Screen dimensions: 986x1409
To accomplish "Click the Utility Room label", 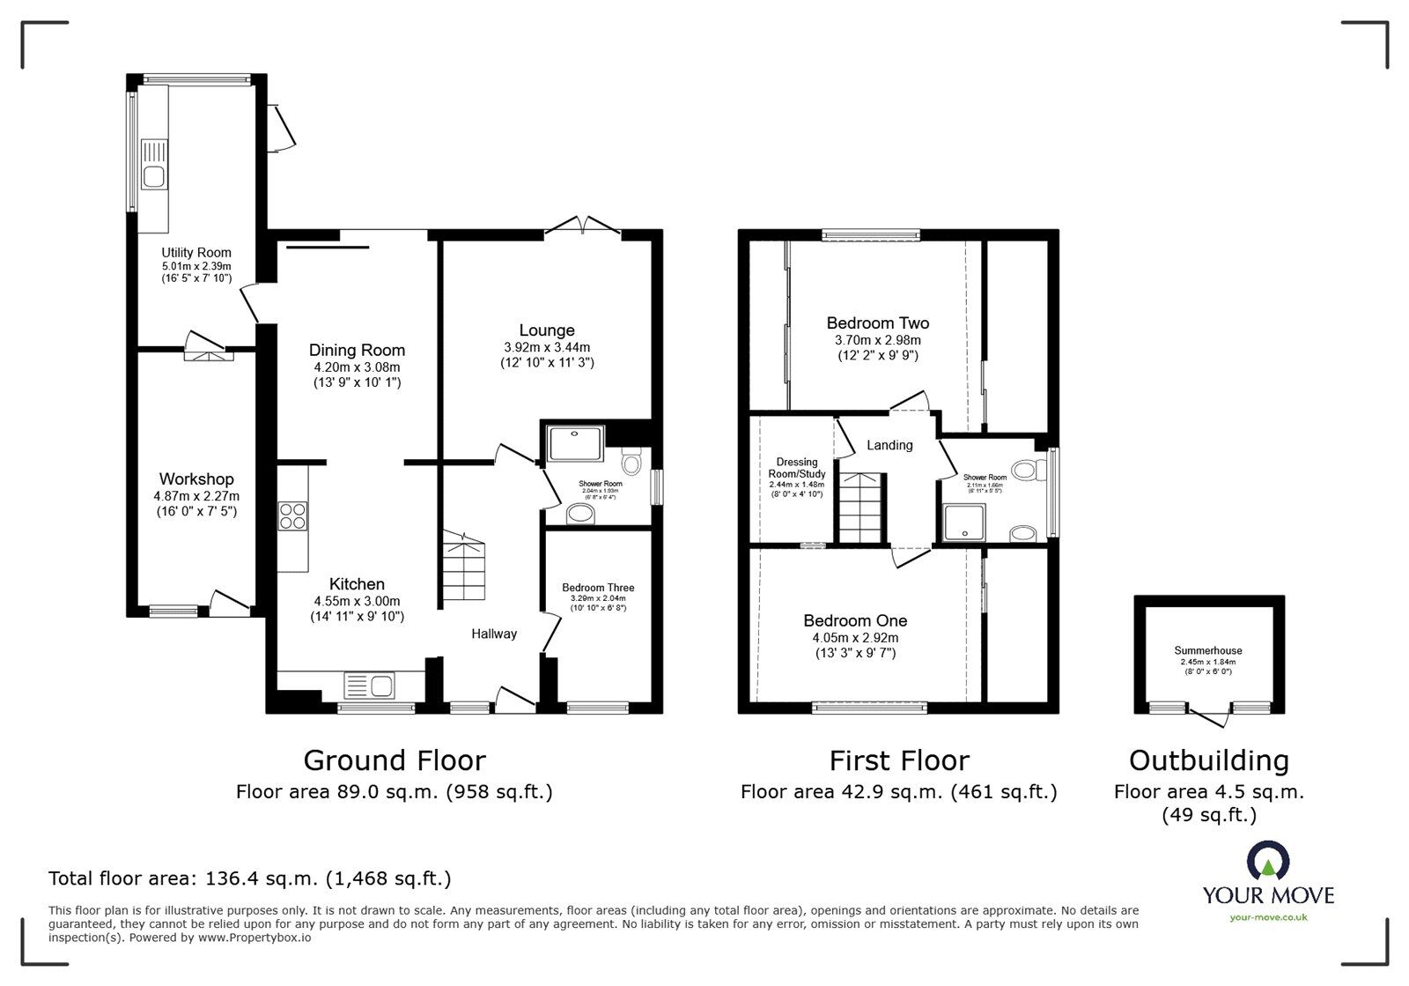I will click(195, 253).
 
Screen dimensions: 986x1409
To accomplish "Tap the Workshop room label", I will click(196, 479).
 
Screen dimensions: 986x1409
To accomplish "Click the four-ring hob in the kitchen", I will click(292, 515).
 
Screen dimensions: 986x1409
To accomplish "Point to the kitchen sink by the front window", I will click(370, 685).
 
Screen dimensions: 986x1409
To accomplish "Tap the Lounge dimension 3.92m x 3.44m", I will click(546, 347).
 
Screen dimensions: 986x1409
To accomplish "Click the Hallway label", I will click(493, 634).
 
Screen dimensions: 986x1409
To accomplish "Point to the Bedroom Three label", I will click(598, 588).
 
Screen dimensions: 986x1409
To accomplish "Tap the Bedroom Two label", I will click(877, 323).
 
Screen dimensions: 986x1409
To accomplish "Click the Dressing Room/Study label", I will click(797, 468).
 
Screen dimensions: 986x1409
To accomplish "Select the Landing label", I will click(889, 445).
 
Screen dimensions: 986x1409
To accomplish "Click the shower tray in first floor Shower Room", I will click(967, 523).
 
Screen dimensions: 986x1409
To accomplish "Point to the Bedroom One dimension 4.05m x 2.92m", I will click(854, 638).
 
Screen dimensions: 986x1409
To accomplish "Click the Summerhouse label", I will click(1208, 651).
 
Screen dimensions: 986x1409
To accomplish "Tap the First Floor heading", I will click(899, 760).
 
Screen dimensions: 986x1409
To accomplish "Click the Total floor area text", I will click(249, 879).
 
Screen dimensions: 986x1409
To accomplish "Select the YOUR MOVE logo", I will click(1268, 881).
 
